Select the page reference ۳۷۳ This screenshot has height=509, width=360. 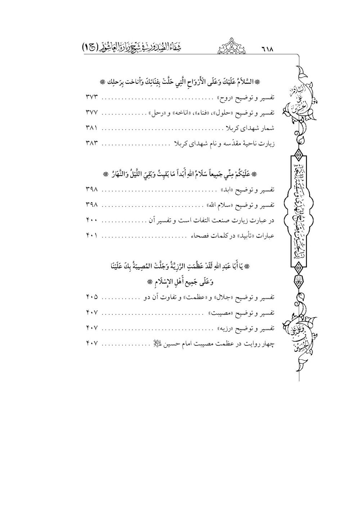[92, 97]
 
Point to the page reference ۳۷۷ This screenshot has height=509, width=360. [92, 113]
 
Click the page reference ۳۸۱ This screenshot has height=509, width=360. [92, 128]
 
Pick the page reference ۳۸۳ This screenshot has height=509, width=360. [92, 144]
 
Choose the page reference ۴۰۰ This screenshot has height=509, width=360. [92, 220]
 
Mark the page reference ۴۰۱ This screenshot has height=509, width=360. [92, 236]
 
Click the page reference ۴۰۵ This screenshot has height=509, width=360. [92, 297]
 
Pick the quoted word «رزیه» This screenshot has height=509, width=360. [228, 328]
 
